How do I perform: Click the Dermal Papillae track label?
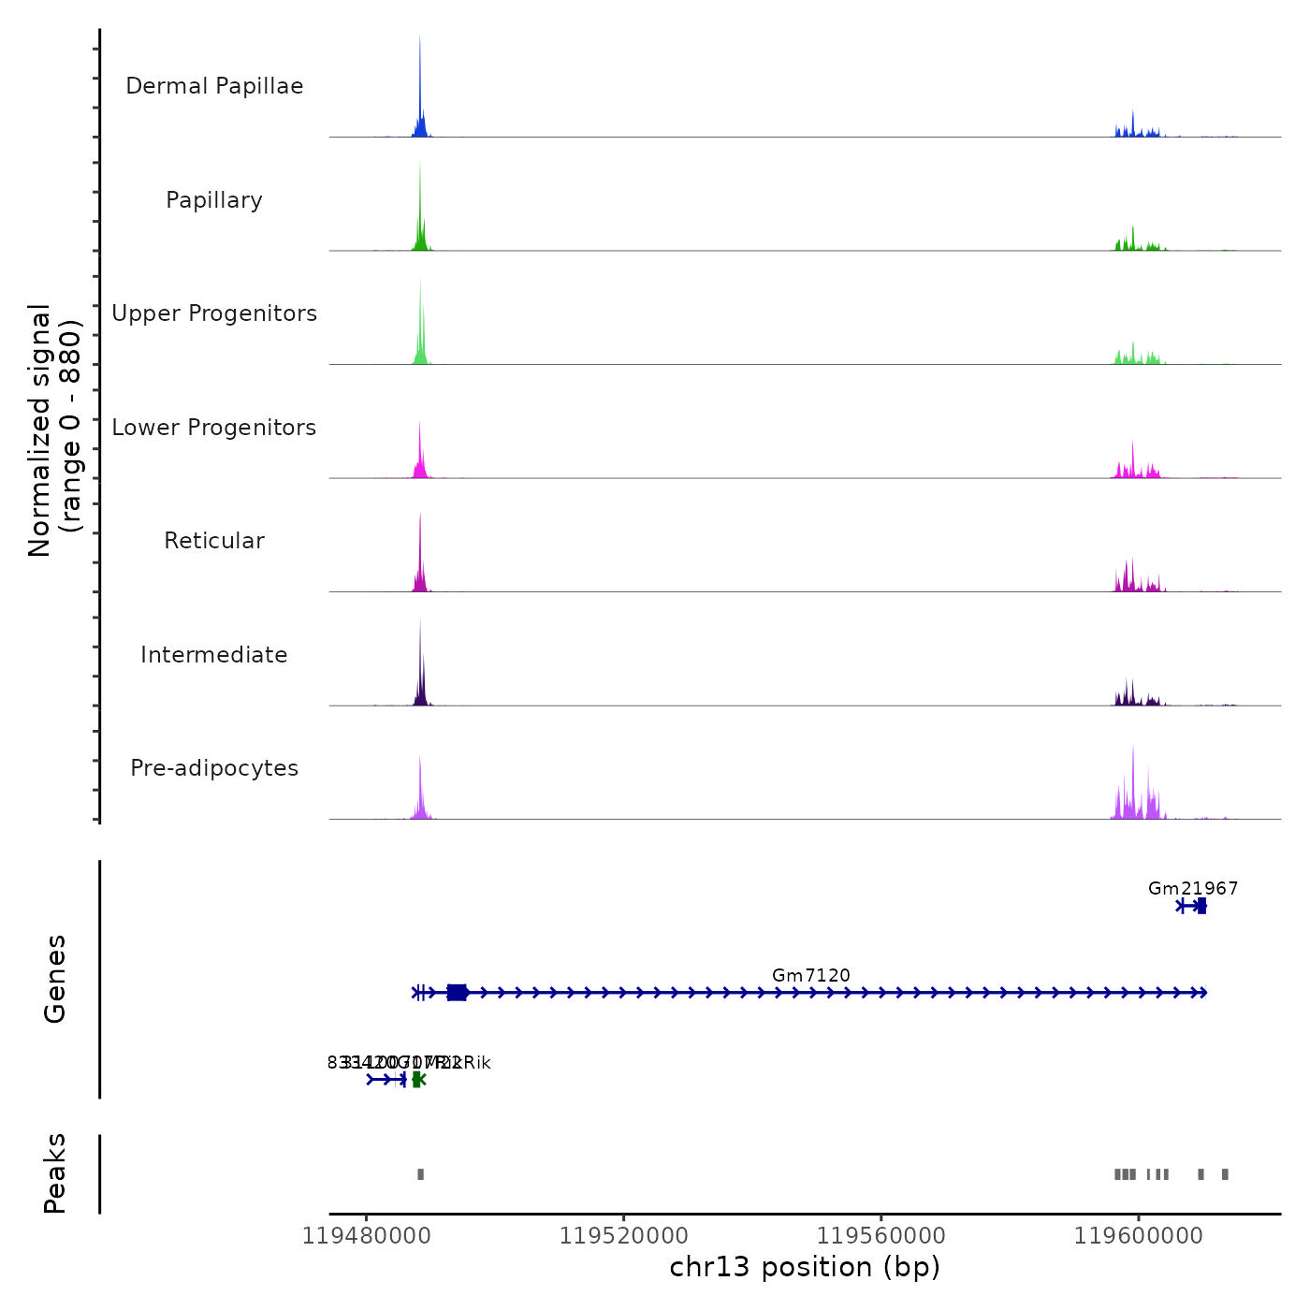tap(214, 86)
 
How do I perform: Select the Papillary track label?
tap(214, 200)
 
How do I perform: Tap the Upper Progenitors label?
tap(214, 313)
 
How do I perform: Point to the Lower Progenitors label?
tap(214, 428)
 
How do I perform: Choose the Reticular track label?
tap(214, 541)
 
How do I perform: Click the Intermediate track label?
tap(214, 655)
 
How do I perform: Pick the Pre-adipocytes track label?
tap(214, 768)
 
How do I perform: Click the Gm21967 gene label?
tap(1193, 889)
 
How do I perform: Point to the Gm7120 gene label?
tap(811, 976)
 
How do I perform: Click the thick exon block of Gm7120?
tap(457, 993)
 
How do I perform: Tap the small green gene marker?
tap(417, 1080)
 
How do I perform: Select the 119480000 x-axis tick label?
tap(366, 1236)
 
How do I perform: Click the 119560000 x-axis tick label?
tap(881, 1236)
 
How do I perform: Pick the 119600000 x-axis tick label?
tap(1139, 1236)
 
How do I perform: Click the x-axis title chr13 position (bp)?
tap(805, 1267)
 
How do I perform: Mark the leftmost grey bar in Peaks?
tap(420, 1174)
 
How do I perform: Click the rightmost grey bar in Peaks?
tap(1225, 1174)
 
